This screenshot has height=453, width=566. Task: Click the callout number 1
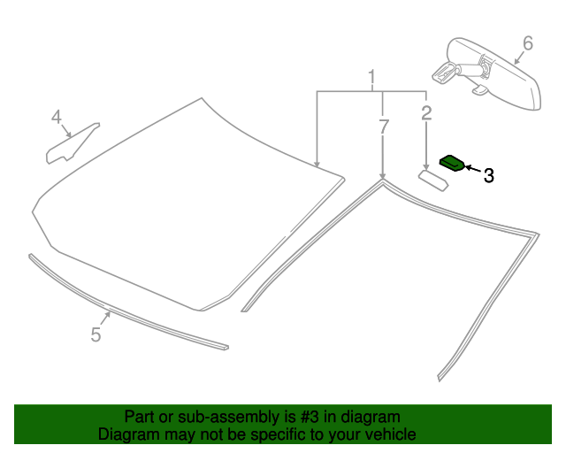[x=371, y=77]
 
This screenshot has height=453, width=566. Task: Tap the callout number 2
[x=426, y=113]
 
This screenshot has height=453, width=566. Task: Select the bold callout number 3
[x=488, y=175]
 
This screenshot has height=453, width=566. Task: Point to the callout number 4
[x=57, y=117]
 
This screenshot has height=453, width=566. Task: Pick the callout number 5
[x=96, y=334]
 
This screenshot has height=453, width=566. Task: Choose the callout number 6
[x=528, y=43]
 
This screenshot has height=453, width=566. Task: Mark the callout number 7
[x=384, y=127]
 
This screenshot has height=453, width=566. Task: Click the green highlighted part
[x=452, y=163]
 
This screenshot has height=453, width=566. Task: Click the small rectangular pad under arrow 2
[x=433, y=180]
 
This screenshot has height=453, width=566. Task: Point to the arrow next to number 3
[x=473, y=169]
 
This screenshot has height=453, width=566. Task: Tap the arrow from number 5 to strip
[x=106, y=318]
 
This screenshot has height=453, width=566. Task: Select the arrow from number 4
[x=66, y=131]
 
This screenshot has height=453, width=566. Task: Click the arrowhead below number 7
[x=382, y=175]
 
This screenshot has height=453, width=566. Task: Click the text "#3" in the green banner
[x=310, y=417]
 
